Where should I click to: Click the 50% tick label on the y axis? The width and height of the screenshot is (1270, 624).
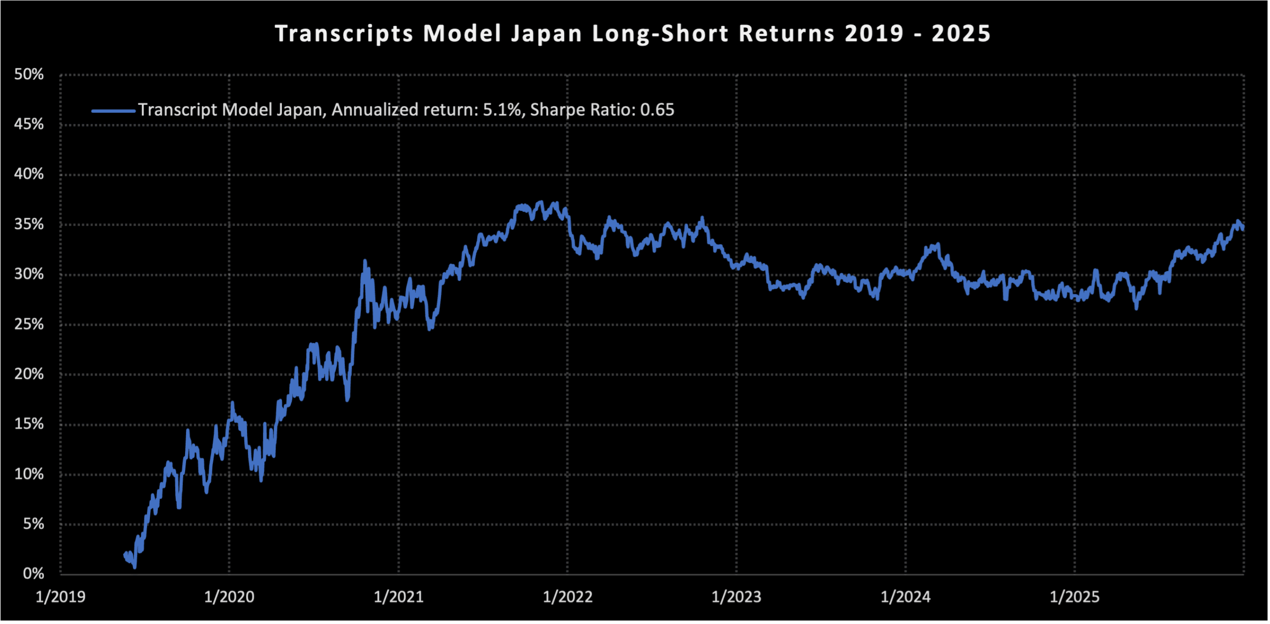[29, 75]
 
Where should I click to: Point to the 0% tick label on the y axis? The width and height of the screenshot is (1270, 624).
[33, 574]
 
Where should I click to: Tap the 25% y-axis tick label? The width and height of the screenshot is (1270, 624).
[29, 324]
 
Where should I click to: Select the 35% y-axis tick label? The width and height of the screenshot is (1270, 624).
[29, 224]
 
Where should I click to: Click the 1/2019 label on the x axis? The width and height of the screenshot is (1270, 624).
[61, 597]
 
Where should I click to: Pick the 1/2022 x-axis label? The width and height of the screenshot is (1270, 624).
[568, 597]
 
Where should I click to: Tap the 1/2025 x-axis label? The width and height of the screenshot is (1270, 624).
[1075, 597]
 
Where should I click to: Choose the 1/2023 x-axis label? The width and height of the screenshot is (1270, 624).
[736, 597]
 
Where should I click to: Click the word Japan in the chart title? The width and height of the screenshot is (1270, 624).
[546, 34]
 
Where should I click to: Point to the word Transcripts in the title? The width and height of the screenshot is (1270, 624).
[344, 34]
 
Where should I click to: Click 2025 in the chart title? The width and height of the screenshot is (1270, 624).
[961, 34]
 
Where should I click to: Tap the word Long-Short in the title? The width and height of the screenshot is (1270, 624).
[660, 34]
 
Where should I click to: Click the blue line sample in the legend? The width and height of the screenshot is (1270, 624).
[114, 111]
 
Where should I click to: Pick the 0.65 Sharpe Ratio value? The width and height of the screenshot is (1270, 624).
[657, 110]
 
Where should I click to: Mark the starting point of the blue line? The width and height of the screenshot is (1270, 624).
[125, 555]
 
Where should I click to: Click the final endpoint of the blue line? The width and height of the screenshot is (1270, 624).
[1243, 229]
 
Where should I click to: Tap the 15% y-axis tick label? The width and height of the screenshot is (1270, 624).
[29, 424]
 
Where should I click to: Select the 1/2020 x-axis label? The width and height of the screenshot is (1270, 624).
[229, 597]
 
